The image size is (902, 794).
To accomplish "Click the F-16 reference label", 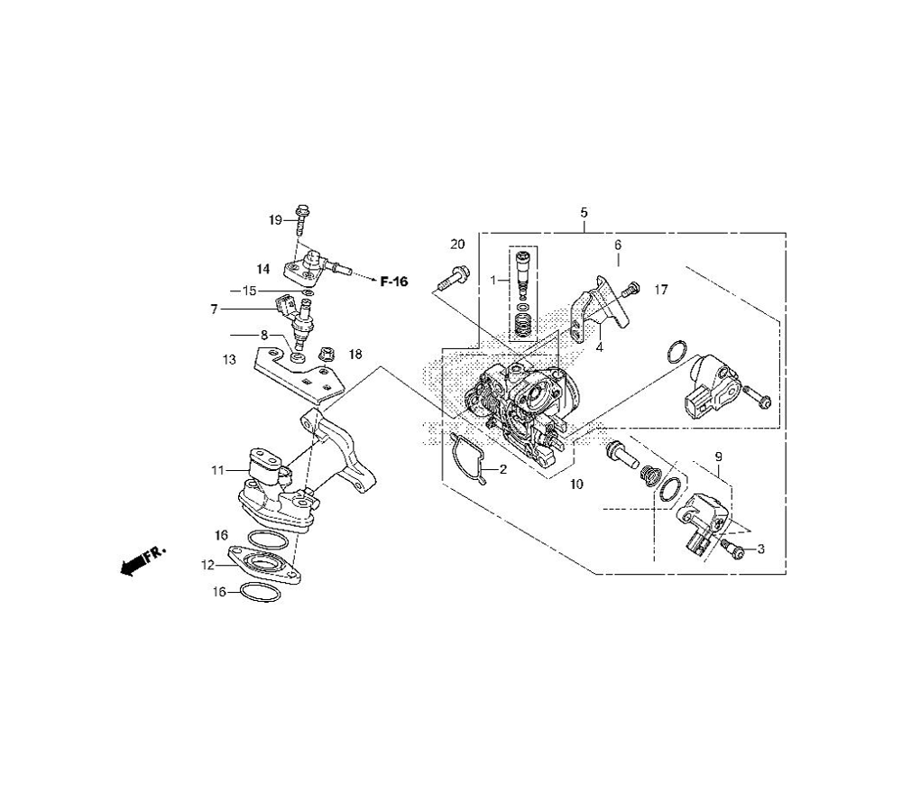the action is [x=394, y=282].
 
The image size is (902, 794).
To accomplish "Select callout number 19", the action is [x=275, y=220].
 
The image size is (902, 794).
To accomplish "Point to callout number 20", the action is [x=457, y=245].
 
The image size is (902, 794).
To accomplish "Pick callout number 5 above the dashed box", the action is [x=584, y=212].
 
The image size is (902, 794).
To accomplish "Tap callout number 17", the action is [x=661, y=290].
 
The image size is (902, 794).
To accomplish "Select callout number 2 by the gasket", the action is [x=502, y=469].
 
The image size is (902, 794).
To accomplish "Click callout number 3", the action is [x=761, y=549].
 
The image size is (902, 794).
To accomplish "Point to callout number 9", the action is [x=719, y=457].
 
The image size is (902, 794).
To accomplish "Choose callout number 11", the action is [x=217, y=471].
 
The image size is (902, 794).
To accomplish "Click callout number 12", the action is [x=207, y=565].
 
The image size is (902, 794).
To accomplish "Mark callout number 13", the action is [x=229, y=360].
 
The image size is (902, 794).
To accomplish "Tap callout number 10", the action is [x=576, y=485].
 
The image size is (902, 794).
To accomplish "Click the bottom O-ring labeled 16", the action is [x=260, y=592].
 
